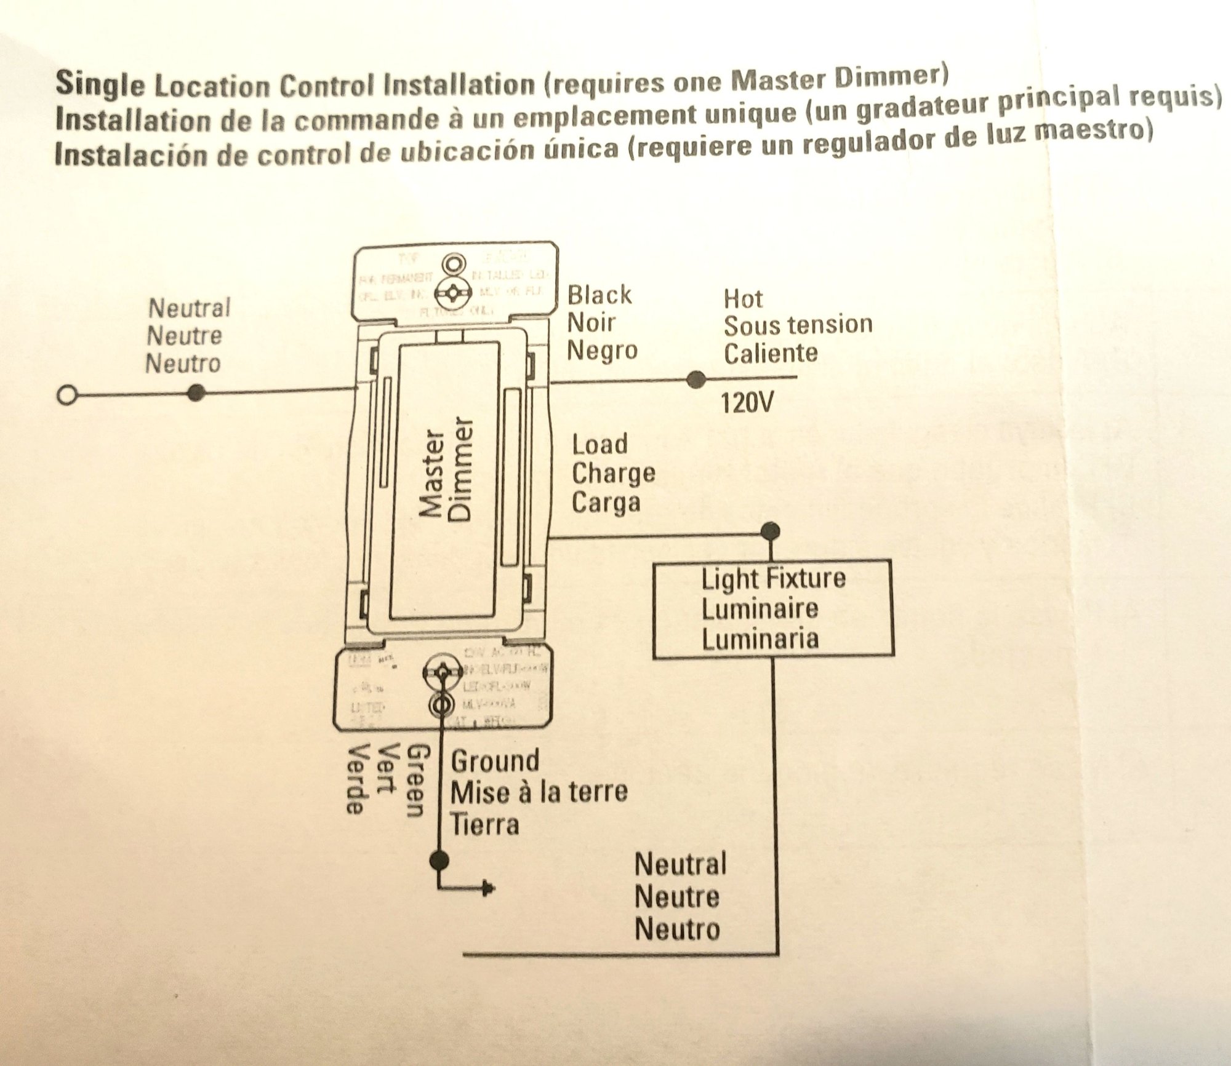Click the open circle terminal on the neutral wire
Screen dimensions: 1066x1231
66,395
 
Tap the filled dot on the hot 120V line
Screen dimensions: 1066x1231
696,380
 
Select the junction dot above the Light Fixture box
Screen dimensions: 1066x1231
770,530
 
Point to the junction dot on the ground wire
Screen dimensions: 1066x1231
438,859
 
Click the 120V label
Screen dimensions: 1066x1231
747,404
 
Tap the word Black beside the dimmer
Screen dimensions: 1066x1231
599,295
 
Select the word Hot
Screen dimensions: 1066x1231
743,299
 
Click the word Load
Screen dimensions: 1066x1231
599,444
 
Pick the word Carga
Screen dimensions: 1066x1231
606,503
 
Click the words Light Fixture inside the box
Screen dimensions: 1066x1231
774,579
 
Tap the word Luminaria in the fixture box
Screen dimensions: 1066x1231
760,638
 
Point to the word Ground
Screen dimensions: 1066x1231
495,762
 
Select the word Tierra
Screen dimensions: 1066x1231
485,824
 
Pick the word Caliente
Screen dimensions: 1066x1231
771,354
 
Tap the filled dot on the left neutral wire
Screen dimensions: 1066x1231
196,392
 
